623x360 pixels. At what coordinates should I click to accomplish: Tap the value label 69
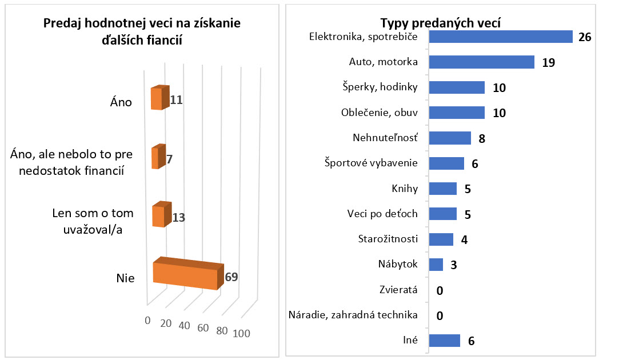[231, 278]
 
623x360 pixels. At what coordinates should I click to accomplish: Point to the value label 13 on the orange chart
[179, 218]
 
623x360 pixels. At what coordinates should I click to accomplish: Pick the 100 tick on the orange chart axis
[241, 334]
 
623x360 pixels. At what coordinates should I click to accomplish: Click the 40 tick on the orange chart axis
[184, 325]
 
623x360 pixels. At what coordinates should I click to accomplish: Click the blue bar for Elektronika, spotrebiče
[500, 37]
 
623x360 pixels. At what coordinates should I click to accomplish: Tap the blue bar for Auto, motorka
[481, 62]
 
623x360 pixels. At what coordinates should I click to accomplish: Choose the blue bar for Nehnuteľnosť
[450, 138]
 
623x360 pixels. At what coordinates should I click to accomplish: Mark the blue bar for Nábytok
[436, 265]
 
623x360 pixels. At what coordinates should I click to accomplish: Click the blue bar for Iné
[444, 340]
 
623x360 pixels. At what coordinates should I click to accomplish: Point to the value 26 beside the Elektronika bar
[584, 37]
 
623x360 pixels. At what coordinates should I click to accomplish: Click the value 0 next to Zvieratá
[440, 290]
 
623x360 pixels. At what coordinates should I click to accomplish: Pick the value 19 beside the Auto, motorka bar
[549, 62]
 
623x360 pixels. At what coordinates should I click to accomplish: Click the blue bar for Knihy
[442, 189]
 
